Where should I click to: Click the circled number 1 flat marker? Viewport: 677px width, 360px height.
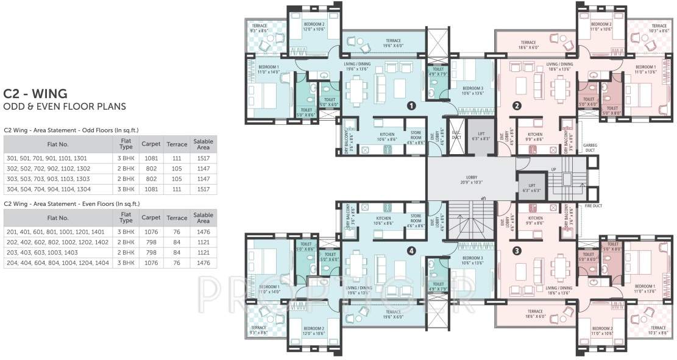[x=411, y=105]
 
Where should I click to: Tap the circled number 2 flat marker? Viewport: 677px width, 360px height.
[x=517, y=105]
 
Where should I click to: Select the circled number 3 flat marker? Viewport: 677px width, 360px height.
[x=517, y=250]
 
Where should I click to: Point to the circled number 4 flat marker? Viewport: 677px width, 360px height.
[x=411, y=250]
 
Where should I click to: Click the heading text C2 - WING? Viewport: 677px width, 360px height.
[x=35, y=94]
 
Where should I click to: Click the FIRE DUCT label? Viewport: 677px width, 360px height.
[x=593, y=206]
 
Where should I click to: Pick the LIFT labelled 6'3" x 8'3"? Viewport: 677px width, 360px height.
[x=481, y=136]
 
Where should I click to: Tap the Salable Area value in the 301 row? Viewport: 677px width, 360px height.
[x=203, y=158]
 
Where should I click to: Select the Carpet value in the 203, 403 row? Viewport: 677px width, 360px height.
[x=151, y=252]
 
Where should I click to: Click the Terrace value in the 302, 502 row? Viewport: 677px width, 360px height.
[x=177, y=168]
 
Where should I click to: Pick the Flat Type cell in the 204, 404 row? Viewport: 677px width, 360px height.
[x=126, y=263]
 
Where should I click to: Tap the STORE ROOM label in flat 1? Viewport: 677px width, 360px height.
[x=416, y=136]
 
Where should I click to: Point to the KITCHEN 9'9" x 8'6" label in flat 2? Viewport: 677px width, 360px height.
[x=535, y=137]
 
